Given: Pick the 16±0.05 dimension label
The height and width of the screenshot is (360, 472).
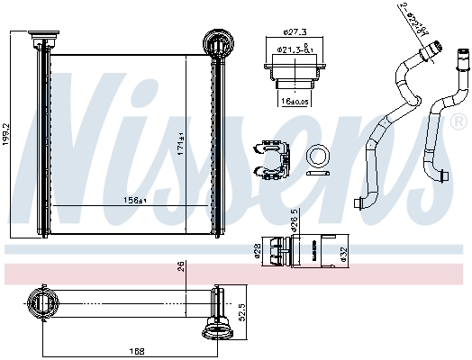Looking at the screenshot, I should (291, 102).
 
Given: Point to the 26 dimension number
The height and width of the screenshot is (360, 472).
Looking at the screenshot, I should (180, 265).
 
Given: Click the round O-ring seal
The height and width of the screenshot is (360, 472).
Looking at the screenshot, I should (318, 155).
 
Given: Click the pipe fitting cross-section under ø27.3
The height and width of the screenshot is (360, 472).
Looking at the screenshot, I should (288, 75).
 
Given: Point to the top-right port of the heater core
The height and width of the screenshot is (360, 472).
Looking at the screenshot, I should (218, 41).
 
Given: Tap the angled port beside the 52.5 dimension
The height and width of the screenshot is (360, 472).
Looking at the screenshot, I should (216, 328).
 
